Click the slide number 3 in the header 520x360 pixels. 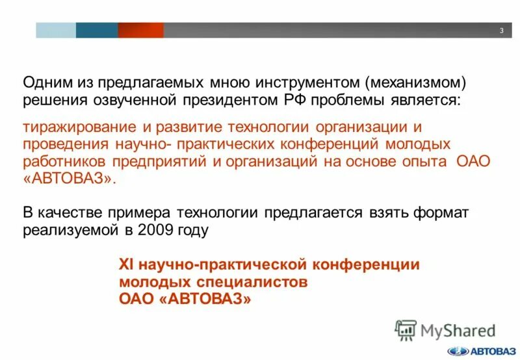pyautogui.click(x=502, y=31)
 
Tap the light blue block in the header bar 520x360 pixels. pyautogui.click(x=55, y=30)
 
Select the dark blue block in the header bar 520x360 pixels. pyautogui.click(x=97, y=30)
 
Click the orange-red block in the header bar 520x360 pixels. pyautogui.click(x=140, y=30)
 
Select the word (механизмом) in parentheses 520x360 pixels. pyautogui.click(x=415, y=83)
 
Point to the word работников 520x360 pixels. pyautogui.click(x=64, y=161)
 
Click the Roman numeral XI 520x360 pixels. pyautogui.click(x=126, y=264)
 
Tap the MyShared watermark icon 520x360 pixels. pyautogui.click(x=406, y=329)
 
